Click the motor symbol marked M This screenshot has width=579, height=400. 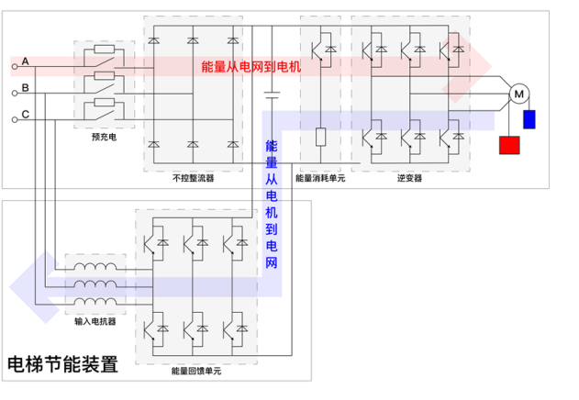point(518,93)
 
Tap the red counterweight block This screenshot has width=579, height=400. point(508,146)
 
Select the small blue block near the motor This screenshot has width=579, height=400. point(529,120)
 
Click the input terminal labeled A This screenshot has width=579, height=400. point(15,66)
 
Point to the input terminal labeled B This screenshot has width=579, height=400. point(15,93)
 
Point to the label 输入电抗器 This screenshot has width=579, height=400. point(94,322)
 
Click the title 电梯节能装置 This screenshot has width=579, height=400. point(63,363)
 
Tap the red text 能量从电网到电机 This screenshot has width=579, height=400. point(251,67)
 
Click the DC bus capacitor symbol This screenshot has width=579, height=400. point(271,94)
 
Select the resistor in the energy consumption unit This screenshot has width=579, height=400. point(320,137)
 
